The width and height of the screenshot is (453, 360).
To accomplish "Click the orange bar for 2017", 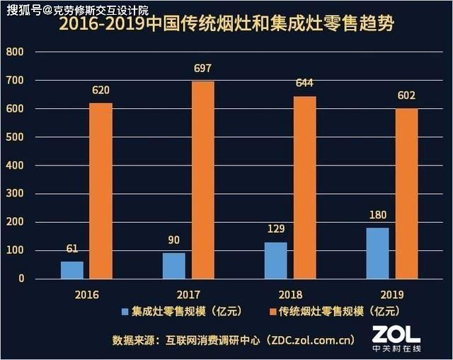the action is pos(203,180).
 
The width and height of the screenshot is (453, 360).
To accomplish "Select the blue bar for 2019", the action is pos(377,253).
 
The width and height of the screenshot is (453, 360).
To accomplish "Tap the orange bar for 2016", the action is pos(101,191).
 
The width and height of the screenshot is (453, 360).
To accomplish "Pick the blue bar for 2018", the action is pos(276,261).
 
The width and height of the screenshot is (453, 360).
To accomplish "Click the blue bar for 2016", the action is pos(72,270).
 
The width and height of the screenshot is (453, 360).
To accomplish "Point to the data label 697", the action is pos(203,69).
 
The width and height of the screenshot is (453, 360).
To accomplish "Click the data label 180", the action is pos(377,215).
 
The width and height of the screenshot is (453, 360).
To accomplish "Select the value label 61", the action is pos(72,248).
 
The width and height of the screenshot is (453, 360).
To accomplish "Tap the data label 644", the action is pos(304,83).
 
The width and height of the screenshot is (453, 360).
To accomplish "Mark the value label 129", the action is pos(276,229).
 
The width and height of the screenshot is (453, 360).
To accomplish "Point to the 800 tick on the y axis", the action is pos(15,52).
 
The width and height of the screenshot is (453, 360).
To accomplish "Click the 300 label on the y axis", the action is pos(15,193).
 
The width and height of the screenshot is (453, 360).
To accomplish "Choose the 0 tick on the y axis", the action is pos(21,278).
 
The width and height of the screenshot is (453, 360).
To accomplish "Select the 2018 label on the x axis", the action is pos(290,295).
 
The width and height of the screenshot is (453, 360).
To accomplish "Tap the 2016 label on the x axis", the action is pos(86,295).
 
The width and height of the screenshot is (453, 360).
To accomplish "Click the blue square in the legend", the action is pos(125,312).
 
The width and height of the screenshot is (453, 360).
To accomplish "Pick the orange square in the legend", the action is pos(273,312).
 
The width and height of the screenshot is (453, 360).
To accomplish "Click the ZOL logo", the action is pos(396,338).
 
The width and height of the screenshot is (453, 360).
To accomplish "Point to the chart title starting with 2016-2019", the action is pos(226,23).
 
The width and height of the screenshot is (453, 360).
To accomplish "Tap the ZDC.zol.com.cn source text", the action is pos(311,340).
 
